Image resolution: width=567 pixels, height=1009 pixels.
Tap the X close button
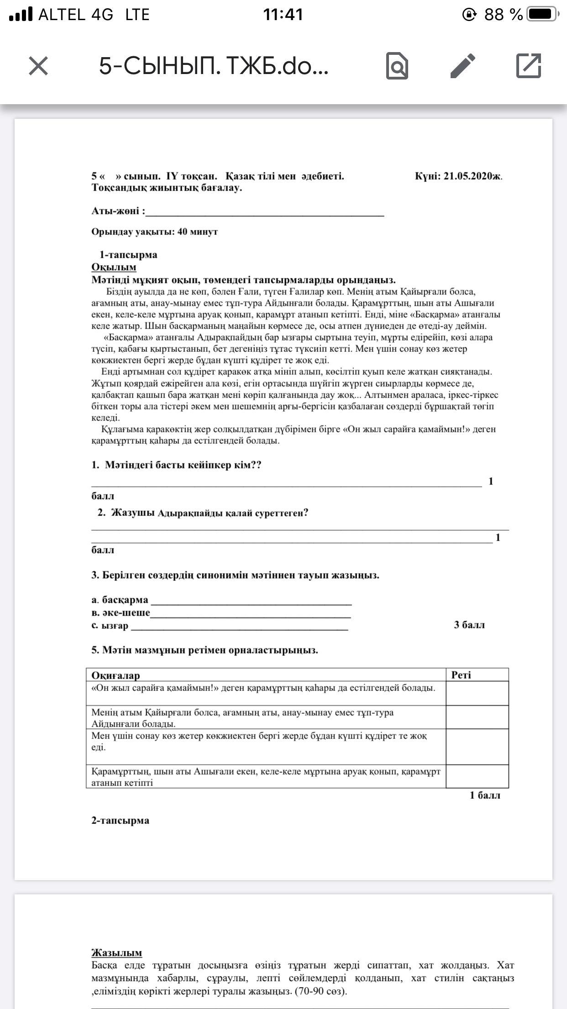click(38, 66)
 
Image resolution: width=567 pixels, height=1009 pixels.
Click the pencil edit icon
click(463, 66)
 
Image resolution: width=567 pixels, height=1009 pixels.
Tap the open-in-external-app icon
click(528, 66)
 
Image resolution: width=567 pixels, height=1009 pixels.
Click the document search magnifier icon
click(397, 66)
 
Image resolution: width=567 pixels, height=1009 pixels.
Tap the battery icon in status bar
click(542, 15)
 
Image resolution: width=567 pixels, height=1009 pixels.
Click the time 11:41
click(283, 15)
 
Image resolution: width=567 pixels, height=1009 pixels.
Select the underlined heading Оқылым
click(114, 267)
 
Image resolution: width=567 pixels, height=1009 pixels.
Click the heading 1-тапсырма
click(128, 255)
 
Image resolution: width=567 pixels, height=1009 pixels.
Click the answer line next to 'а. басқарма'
click(251, 600)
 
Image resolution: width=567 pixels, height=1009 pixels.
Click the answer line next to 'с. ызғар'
click(239, 626)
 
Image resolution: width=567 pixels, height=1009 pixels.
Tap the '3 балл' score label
click(469, 625)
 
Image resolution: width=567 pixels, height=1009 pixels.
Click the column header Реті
click(461, 675)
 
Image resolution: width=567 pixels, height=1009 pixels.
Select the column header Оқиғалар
click(115, 675)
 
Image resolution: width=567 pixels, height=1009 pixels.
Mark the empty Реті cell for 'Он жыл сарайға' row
click(477, 693)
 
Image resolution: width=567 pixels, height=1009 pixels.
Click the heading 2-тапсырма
click(120, 820)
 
